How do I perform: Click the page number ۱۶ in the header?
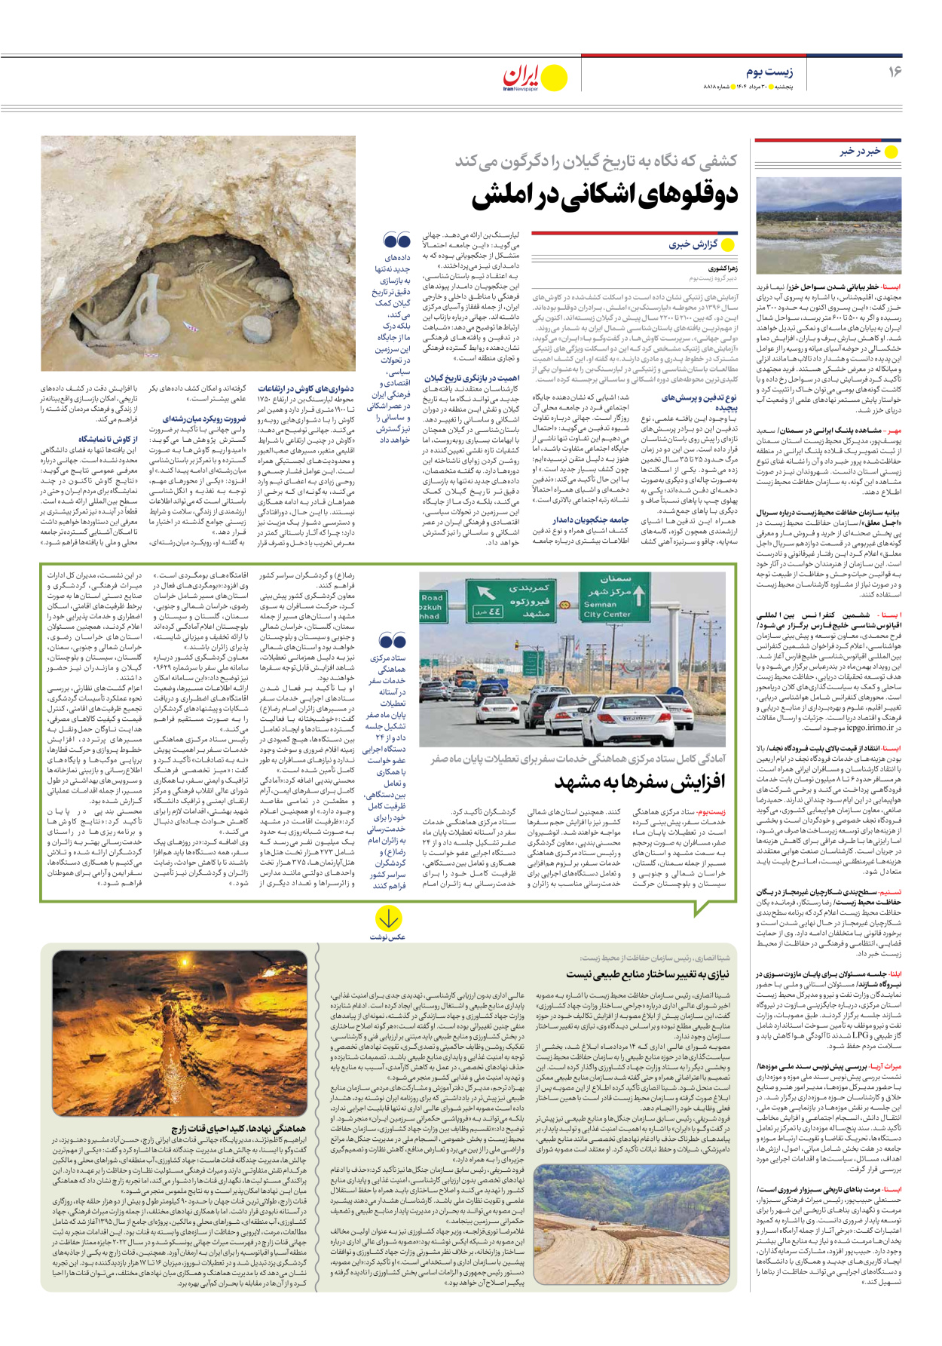(894, 72)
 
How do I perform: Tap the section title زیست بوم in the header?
(769, 72)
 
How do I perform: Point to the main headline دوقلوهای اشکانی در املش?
(604, 195)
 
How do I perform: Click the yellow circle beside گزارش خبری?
(728, 244)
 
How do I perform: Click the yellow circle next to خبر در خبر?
(891, 152)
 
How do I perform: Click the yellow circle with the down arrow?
(388, 918)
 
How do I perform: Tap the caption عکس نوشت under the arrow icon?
(388, 937)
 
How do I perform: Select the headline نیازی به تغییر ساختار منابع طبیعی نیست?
(647, 974)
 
